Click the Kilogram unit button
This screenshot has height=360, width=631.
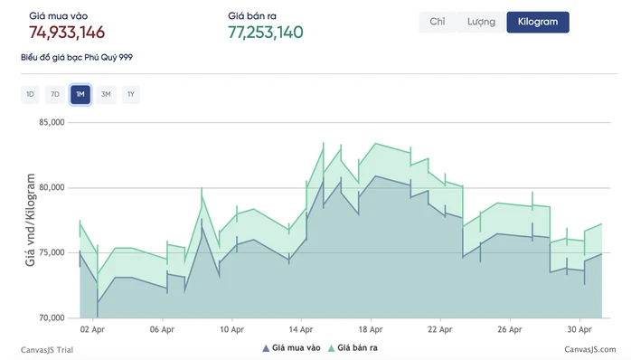coord(538,22)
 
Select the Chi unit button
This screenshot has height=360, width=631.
coord(438,22)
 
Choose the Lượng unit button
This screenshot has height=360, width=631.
coord(481,22)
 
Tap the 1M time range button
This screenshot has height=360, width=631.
coord(80,94)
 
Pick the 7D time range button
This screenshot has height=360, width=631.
coord(55,94)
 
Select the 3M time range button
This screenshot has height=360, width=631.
coord(106,94)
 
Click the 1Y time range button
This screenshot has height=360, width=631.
coord(131,94)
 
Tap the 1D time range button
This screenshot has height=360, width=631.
coord(30,94)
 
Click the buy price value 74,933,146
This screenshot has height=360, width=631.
coord(67,33)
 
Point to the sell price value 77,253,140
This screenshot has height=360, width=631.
coord(266,33)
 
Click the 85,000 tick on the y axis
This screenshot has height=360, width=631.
coord(52,122)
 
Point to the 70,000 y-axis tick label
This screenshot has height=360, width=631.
coord(52,318)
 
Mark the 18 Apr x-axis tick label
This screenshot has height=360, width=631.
coord(371,329)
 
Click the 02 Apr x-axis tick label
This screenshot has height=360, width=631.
coord(92,329)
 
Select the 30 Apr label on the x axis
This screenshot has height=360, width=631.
coord(579,329)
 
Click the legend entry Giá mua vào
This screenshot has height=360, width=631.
coord(291,348)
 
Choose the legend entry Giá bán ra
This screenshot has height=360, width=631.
coord(353,348)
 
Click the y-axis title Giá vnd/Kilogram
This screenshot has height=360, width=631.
coord(31,220)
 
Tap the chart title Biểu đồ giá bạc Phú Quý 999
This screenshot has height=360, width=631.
coord(77,57)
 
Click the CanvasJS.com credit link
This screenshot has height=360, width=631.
coord(590,349)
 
